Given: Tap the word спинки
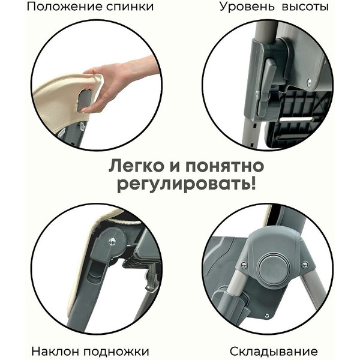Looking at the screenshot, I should click(x=127, y=8).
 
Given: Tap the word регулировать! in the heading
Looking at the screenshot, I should click(x=179, y=183).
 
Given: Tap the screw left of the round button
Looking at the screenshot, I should click(x=244, y=265).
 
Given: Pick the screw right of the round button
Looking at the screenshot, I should click(x=305, y=265).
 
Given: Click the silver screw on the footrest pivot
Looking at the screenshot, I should click(x=112, y=241).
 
